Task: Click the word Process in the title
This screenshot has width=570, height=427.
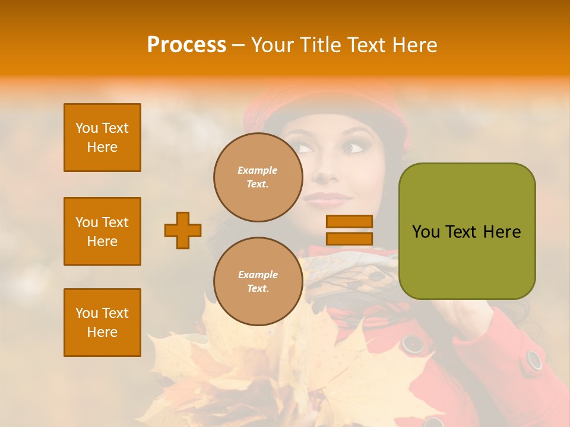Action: [186, 44]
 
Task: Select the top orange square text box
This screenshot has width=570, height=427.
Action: [102, 138]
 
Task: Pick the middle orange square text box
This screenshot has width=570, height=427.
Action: [102, 231]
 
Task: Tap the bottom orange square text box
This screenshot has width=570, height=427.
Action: [102, 323]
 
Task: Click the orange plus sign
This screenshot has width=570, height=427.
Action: [183, 230]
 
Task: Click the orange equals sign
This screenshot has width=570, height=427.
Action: [349, 230]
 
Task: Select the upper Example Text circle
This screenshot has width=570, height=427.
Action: [258, 177]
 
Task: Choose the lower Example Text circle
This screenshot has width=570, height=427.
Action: [258, 281]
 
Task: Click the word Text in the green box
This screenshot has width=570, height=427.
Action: [461, 232]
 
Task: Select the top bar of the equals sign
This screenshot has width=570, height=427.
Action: [349, 222]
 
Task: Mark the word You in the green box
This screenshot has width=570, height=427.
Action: [426, 232]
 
